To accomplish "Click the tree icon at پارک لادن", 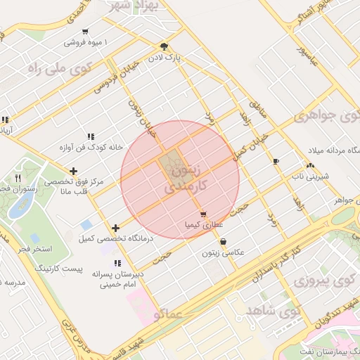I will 165,45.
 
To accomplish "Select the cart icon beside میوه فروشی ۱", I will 85,32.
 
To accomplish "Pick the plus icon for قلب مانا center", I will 73,171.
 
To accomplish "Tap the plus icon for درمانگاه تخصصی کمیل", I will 115,228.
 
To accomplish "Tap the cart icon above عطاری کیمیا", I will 203,214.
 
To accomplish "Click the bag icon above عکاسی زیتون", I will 223,241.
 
